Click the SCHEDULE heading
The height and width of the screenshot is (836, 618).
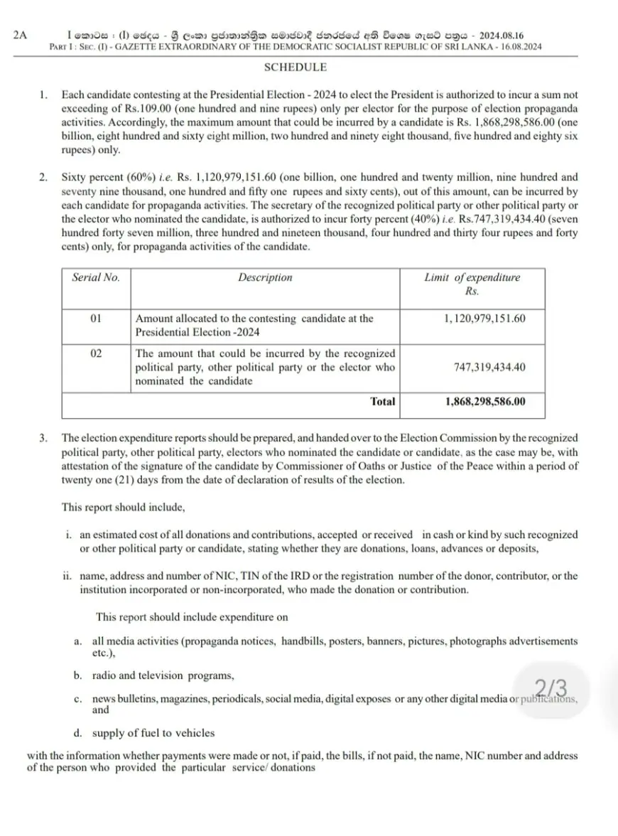click(296, 68)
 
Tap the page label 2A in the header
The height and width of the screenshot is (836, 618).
click(21, 35)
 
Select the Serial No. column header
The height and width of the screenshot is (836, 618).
click(96, 278)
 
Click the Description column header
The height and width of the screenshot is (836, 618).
click(265, 278)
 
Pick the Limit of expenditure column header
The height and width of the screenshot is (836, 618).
click(472, 284)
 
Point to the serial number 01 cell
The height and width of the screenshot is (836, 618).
click(97, 318)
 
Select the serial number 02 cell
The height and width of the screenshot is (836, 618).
click(97, 353)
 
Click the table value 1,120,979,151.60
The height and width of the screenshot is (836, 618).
click(485, 318)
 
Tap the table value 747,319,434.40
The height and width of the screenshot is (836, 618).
click(489, 368)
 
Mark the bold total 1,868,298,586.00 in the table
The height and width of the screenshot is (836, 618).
click(486, 402)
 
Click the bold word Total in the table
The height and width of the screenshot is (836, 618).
click(383, 402)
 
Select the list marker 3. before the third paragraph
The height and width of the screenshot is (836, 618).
click(44, 439)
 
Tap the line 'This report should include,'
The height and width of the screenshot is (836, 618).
click(123, 508)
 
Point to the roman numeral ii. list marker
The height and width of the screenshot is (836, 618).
click(67, 576)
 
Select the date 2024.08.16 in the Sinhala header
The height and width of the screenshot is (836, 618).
click(505, 35)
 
